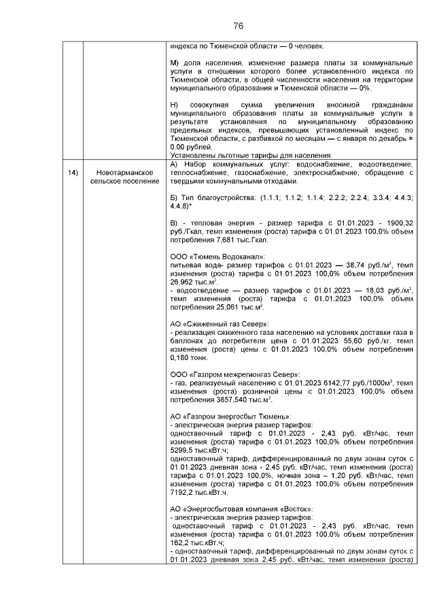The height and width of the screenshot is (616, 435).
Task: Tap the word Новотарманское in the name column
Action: click(x=124, y=173)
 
